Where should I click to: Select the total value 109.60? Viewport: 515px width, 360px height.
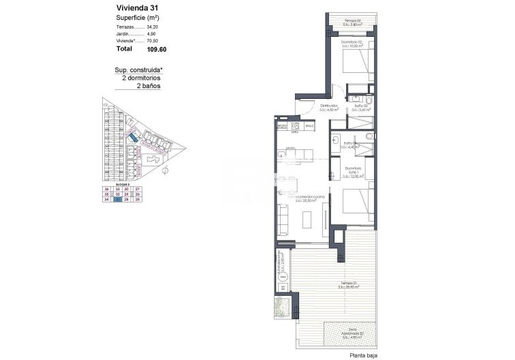click(156, 49)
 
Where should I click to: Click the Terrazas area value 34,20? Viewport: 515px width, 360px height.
click(153, 27)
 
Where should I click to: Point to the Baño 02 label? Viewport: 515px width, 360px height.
click(361, 107)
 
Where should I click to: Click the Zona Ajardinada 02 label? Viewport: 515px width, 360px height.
click(350, 335)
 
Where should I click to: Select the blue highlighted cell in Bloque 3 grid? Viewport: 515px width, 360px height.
click(119, 200)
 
